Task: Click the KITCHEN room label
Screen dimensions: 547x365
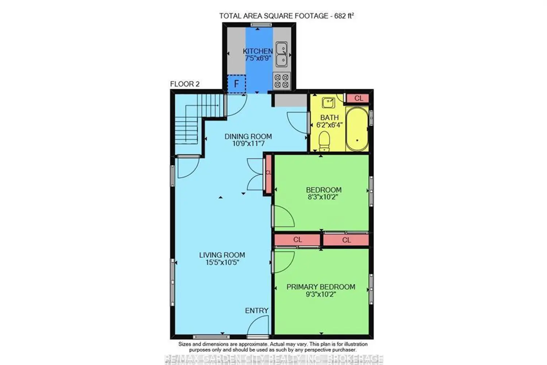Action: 257,51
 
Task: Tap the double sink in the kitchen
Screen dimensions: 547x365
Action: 282,54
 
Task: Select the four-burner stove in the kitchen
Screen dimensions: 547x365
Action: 282,81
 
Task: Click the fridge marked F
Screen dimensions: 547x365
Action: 236,84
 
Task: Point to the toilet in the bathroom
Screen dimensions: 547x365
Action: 324,141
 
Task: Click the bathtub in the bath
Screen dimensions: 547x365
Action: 357,129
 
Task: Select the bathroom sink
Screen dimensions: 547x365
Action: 329,103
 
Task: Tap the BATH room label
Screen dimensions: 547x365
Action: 329,118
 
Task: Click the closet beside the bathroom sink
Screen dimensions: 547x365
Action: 358,98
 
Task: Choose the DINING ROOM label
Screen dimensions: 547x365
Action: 248,137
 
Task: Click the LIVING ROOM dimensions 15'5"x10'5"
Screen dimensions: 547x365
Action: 222,262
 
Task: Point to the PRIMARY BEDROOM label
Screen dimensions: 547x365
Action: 321,287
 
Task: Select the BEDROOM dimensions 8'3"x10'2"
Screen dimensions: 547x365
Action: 323,197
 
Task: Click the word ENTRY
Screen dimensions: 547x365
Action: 257,311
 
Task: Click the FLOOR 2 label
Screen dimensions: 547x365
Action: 185,84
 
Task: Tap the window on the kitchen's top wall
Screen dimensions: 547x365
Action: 261,25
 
